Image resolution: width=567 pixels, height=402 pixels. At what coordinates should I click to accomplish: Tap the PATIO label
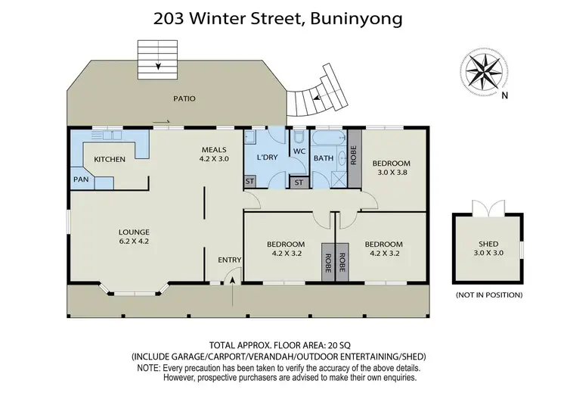point(184,98)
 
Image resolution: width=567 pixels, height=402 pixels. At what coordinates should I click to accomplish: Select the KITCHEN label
point(110,159)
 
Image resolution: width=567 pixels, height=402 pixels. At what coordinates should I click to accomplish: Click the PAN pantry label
point(81,179)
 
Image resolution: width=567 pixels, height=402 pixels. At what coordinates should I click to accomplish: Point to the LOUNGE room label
point(133,232)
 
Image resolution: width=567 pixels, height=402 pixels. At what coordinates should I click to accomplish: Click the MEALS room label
point(213,149)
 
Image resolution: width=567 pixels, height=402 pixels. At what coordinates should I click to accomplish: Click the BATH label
point(324,158)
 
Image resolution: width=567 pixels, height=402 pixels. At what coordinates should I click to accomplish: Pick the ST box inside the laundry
point(249,182)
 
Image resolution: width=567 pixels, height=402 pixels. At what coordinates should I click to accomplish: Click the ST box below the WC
point(299,182)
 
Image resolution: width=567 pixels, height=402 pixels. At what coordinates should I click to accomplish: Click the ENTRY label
point(230,260)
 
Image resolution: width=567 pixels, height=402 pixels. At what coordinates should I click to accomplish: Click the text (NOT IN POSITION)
point(488,294)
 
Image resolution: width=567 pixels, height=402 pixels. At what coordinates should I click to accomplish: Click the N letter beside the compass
point(505,95)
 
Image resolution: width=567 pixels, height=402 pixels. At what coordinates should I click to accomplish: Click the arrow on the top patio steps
point(159,66)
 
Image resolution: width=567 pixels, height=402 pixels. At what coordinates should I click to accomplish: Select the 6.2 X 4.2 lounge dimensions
point(133,242)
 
